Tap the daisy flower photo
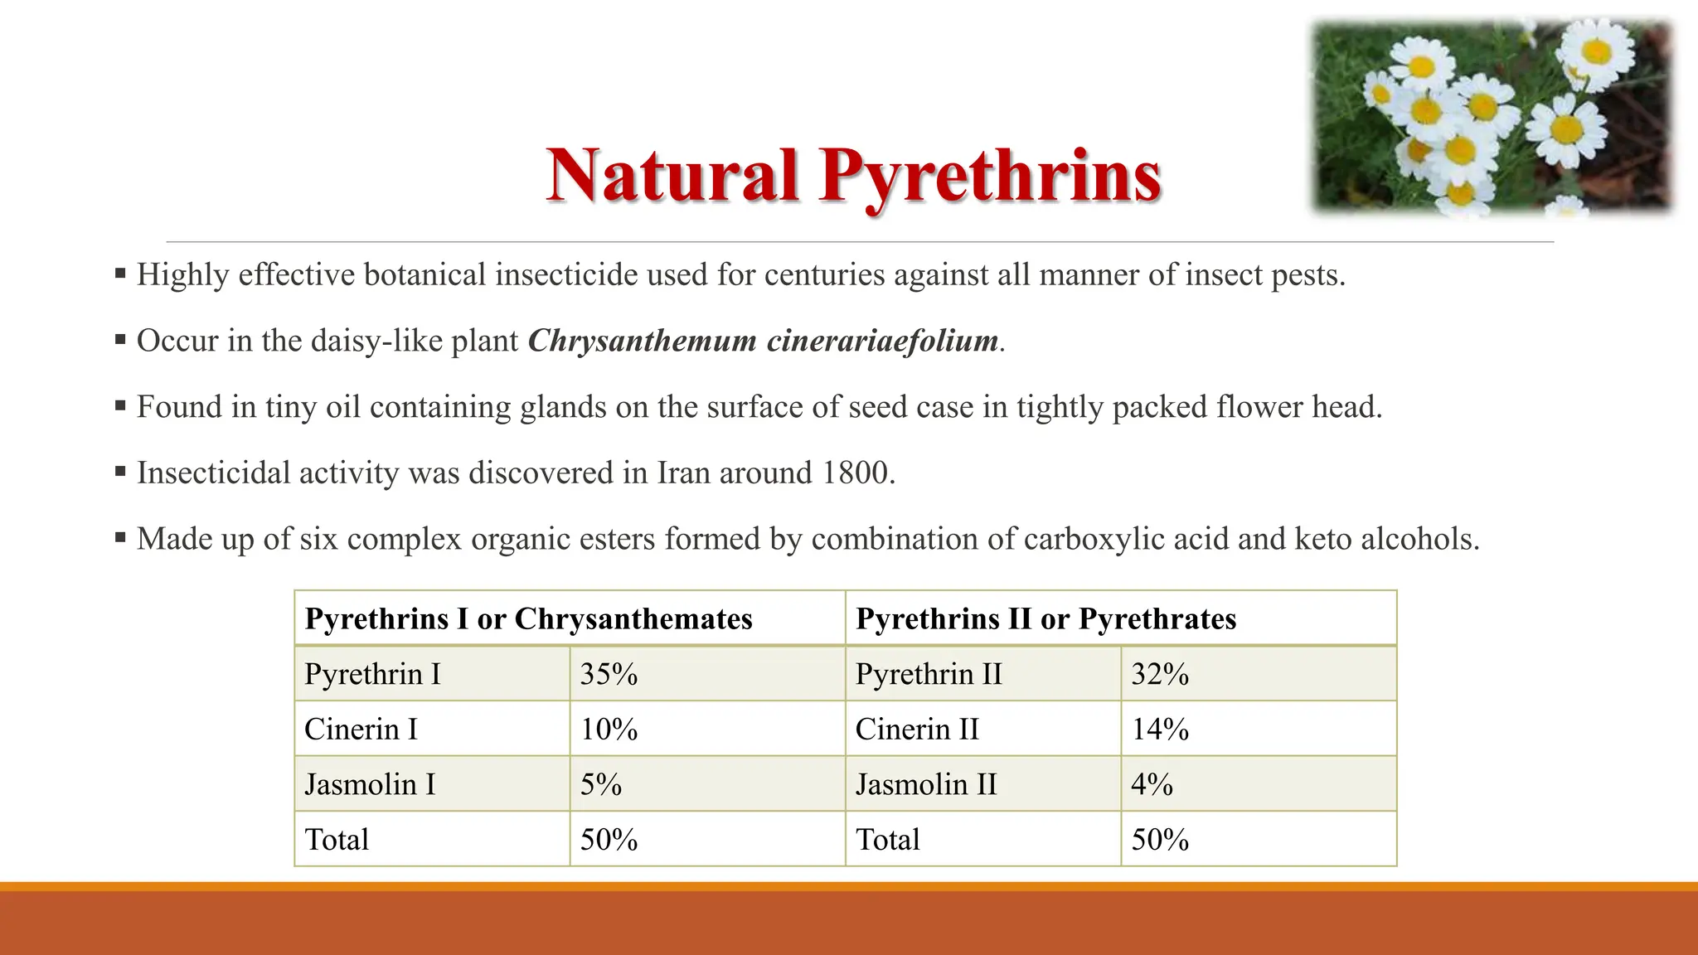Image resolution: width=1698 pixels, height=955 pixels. click(x=1492, y=116)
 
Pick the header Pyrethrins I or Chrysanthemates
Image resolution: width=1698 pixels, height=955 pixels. click(x=528, y=618)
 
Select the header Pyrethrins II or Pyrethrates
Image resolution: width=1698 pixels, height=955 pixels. click(x=1045, y=618)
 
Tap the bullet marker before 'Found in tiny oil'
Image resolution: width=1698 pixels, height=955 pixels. click(x=120, y=405)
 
